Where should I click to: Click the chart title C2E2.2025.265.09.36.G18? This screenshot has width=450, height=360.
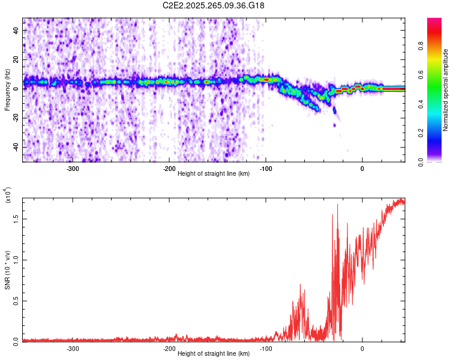214,5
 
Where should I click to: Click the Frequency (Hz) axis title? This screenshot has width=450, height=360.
8,90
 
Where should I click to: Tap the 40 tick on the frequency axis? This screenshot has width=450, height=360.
16,30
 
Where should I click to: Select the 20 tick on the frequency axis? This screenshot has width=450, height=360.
16,59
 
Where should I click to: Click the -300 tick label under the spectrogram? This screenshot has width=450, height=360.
73,169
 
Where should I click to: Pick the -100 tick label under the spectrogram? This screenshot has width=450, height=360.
265,169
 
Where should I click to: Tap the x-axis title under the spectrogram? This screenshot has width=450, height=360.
214,175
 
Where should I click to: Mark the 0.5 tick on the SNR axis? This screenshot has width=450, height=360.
16,301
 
